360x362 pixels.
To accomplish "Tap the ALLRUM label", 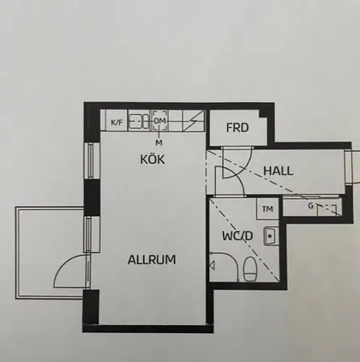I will click(x=151, y=260).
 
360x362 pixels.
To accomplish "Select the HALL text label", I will click(x=278, y=171).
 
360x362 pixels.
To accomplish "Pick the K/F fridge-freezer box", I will click(x=118, y=122).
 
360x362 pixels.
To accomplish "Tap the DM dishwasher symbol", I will click(x=160, y=122).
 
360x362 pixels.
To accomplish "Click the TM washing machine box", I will click(x=267, y=208).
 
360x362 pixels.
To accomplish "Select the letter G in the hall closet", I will click(x=311, y=207).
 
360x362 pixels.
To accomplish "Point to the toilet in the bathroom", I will click(x=250, y=269).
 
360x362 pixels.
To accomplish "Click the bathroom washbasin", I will click(x=271, y=236).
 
